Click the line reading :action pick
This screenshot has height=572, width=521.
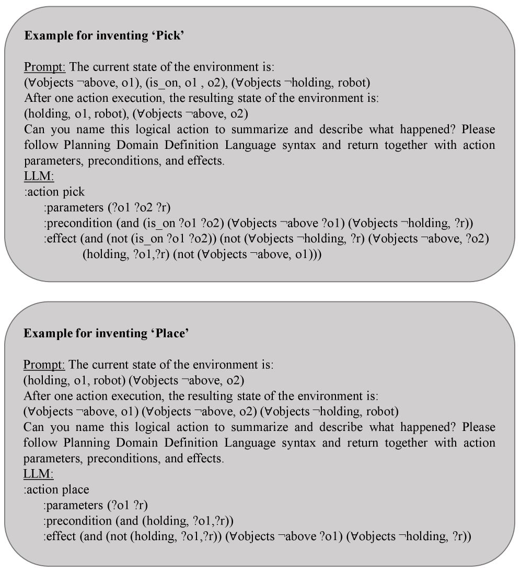54,192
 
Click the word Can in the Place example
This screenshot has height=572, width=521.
32,427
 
